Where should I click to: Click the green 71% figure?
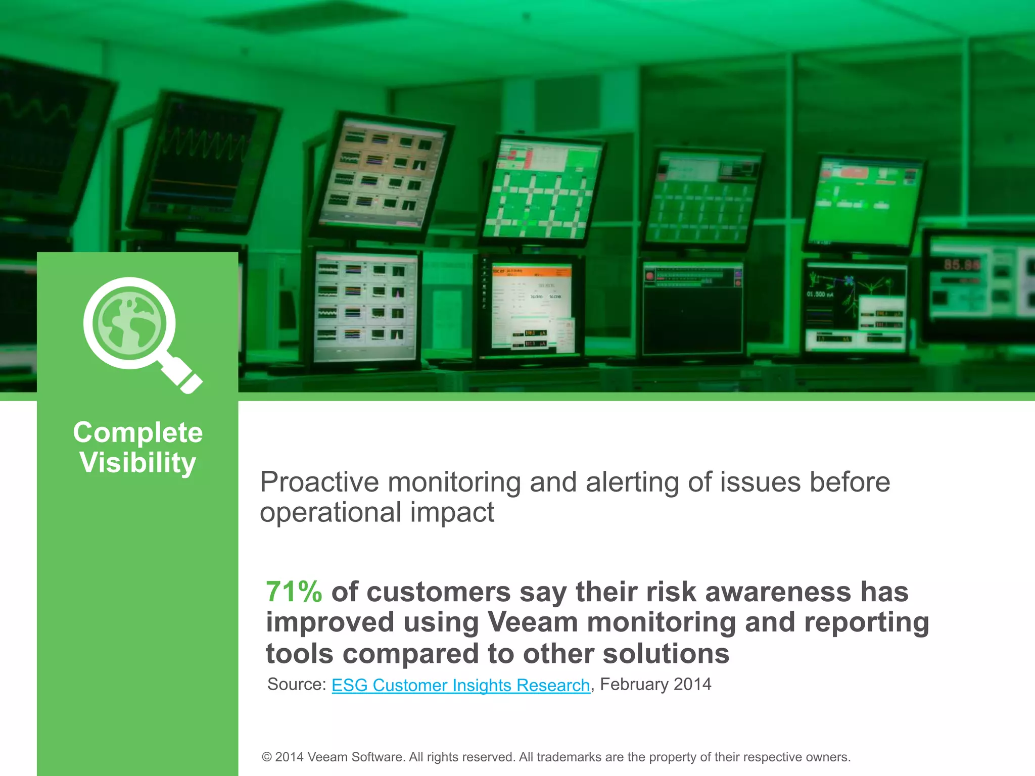point(294,592)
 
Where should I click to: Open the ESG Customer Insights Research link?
point(460,685)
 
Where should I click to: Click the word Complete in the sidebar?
point(137,433)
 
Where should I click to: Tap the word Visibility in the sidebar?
point(137,463)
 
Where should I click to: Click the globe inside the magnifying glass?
point(129,322)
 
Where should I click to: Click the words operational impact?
point(377,513)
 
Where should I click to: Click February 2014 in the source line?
point(655,685)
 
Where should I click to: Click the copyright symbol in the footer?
point(267,757)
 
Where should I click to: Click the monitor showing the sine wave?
point(202,162)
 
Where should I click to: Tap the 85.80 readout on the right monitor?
point(962,265)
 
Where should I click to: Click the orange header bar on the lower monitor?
point(531,272)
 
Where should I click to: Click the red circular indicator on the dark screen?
point(650,276)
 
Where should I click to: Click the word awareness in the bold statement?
point(778,592)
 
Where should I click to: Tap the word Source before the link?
point(296,685)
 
